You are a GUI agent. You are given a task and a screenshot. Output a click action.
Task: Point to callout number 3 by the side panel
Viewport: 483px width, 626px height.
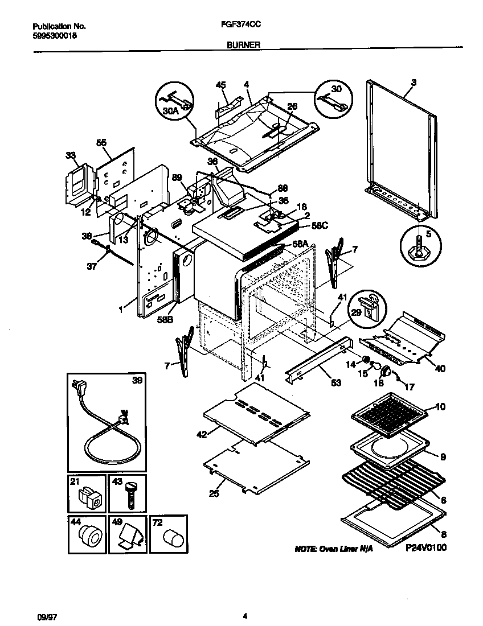click(x=414, y=83)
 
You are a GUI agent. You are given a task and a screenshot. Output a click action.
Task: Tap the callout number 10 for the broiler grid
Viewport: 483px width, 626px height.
click(x=440, y=406)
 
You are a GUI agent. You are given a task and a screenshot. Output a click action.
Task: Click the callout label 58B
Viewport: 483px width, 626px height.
click(x=165, y=320)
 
